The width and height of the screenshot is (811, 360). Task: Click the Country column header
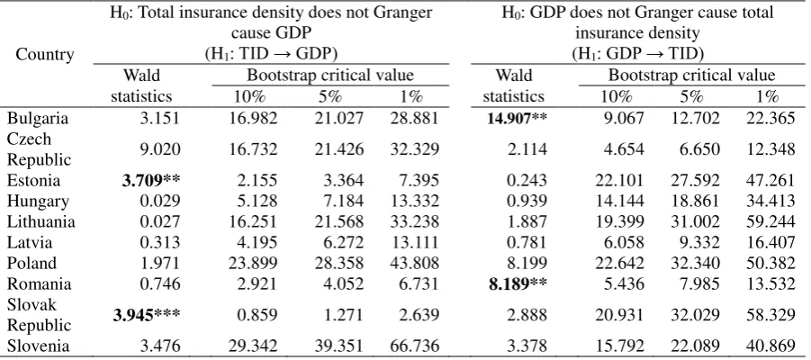[x=45, y=54]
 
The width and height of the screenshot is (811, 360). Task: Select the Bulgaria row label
[x=38, y=119]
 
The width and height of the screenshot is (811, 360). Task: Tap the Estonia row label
[x=33, y=181]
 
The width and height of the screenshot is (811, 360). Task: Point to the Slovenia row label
[x=38, y=346]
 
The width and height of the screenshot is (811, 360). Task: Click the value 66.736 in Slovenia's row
[x=414, y=346]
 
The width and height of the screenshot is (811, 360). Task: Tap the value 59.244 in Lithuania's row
[x=770, y=222]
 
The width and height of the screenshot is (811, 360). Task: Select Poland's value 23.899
[x=254, y=264]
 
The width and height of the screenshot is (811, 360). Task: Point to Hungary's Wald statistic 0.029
[x=160, y=202]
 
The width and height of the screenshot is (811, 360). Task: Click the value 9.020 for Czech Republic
[x=160, y=149]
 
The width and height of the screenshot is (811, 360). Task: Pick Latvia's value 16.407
[x=770, y=243]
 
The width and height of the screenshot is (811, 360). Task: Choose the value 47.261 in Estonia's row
[x=770, y=181]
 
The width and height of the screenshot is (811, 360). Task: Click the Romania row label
[x=39, y=284]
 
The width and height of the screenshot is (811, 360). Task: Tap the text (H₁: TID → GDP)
[x=272, y=53]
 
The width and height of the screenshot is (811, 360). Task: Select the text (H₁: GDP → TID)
[x=638, y=53]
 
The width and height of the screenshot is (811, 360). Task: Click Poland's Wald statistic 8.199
[x=527, y=264]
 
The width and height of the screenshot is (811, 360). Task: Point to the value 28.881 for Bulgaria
[x=414, y=119]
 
